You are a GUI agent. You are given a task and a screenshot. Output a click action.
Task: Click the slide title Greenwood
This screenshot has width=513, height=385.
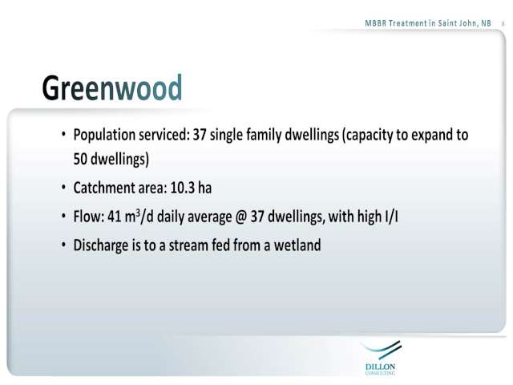(x=112, y=88)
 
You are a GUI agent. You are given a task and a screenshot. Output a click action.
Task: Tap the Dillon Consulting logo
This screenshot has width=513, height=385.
(x=381, y=358)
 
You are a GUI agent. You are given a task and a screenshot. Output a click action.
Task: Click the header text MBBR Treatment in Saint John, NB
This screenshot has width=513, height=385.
(x=428, y=23)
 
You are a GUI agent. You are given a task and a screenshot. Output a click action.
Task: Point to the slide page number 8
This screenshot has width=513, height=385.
(x=503, y=24)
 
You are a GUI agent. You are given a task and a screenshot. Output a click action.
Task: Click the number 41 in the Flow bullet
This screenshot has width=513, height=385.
(x=114, y=217)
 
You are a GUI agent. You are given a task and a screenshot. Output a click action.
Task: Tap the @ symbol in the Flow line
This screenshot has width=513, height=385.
(x=241, y=217)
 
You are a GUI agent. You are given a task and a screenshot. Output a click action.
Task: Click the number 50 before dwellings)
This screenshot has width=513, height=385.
(x=80, y=159)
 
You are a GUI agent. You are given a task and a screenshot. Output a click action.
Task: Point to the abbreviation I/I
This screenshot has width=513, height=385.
(x=391, y=217)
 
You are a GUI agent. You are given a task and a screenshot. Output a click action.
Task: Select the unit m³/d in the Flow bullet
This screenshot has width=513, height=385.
(x=139, y=217)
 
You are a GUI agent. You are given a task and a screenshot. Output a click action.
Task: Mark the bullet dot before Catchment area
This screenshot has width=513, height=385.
(x=63, y=187)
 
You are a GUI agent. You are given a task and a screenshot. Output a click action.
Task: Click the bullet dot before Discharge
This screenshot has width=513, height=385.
(x=63, y=245)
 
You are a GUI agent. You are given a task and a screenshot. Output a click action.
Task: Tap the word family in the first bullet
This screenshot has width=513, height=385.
(x=264, y=136)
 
